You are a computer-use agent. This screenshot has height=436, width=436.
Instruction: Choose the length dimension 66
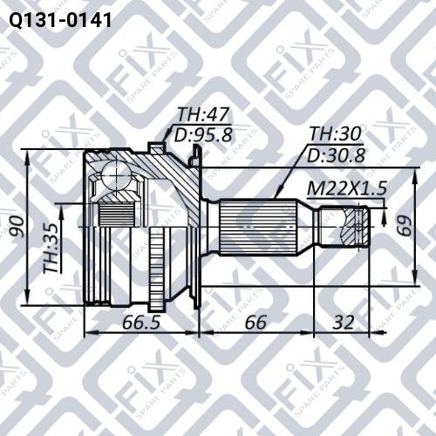click(x=255, y=322)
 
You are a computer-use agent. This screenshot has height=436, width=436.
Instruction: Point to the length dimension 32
click(x=344, y=322)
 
